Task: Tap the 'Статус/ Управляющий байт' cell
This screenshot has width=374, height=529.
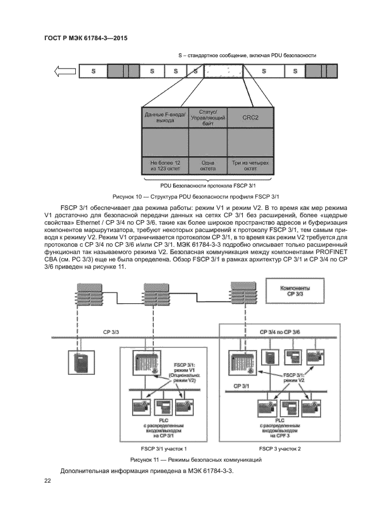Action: (x=207, y=118)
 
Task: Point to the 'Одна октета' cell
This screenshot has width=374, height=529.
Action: (x=207, y=165)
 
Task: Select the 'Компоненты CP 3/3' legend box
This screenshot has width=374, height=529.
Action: (x=295, y=291)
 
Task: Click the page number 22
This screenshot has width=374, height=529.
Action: (x=48, y=481)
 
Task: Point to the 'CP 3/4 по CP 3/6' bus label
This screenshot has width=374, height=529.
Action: (x=280, y=331)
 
